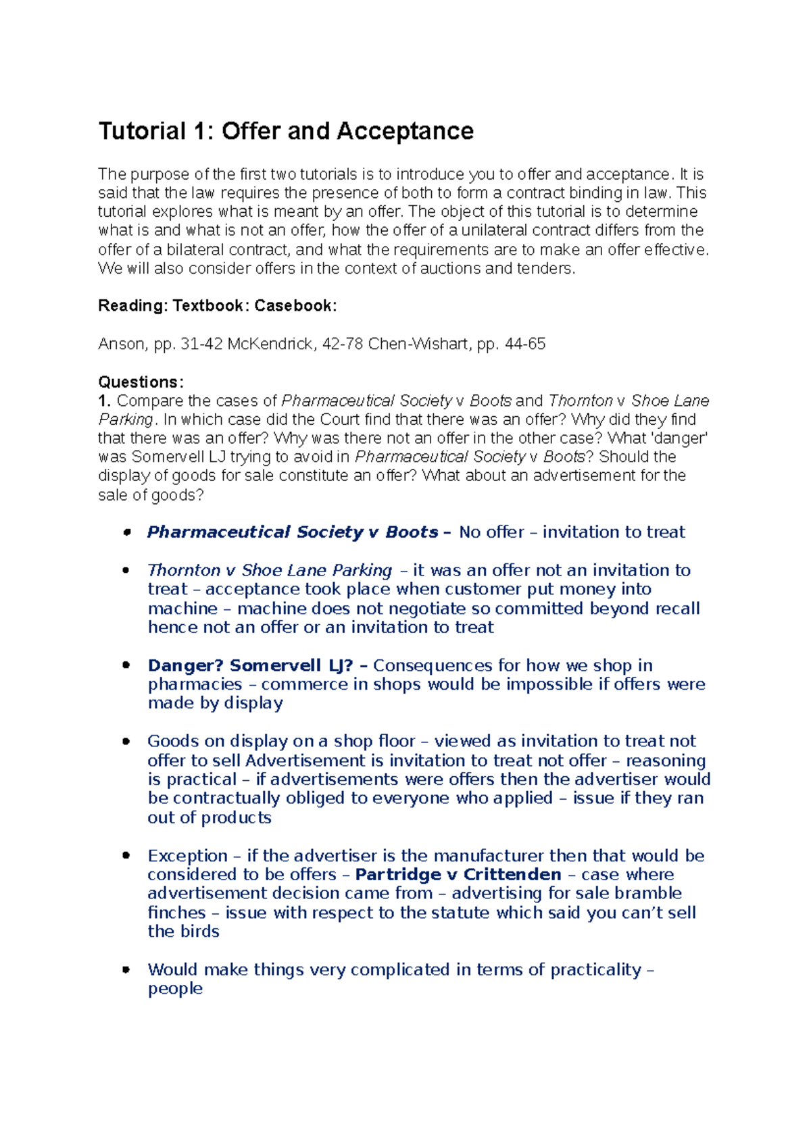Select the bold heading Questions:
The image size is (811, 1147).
(x=141, y=382)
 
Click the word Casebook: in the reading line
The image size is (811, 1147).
(x=295, y=306)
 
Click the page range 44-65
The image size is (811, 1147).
(x=525, y=345)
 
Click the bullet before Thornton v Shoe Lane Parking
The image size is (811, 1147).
(x=126, y=570)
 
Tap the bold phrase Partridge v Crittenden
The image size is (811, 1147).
(x=458, y=875)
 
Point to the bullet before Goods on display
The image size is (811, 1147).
(x=126, y=741)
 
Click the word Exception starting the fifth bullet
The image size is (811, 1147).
(x=187, y=856)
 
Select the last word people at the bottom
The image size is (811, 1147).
(x=175, y=989)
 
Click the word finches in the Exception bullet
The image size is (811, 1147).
(x=176, y=913)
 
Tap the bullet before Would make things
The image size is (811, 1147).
(x=126, y=969)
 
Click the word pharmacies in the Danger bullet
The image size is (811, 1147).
(x=195, y=684)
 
